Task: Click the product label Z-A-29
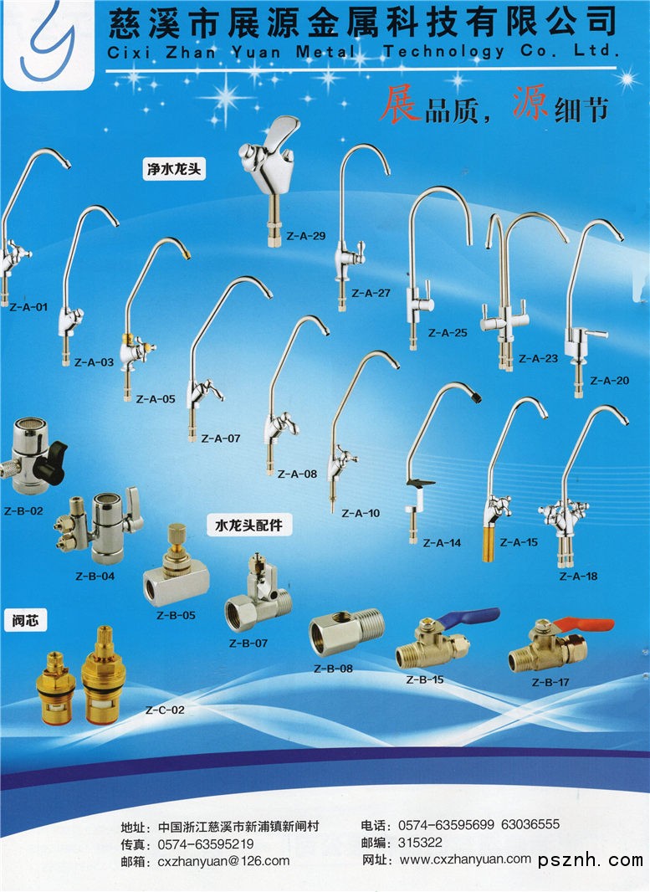point(305,236)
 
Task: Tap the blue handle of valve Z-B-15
point(473,618)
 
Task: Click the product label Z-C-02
point(165,710)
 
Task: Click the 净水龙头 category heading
point(174,170)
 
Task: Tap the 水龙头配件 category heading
point(248,525)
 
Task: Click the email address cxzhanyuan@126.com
point(218,860)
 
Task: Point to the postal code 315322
point(421,842)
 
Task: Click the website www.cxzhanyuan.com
point(465,859)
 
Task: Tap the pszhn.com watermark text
point(591,860)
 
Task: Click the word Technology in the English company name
point(443,52)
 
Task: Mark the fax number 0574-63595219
point(200,844)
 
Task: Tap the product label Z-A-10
point(361,513)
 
